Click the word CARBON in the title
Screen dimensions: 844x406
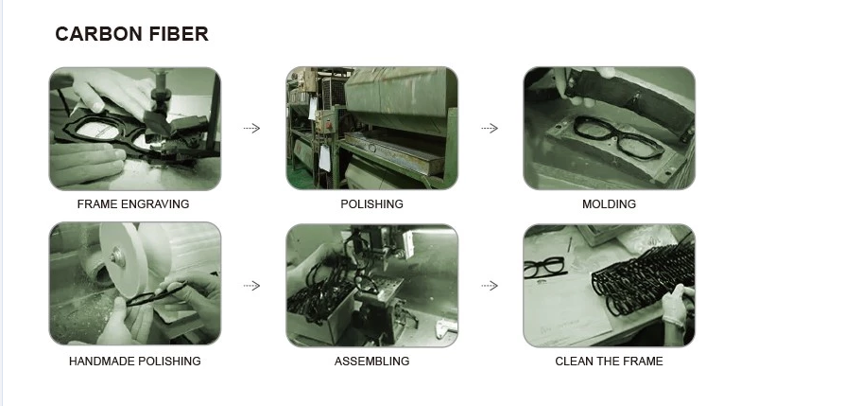coord(98,34)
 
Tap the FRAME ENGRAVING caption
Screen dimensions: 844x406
coord(133,204)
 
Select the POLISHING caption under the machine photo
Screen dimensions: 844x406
coord(372,204)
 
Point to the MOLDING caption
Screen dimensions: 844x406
coord(609,204)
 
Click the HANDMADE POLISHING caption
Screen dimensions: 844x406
coord(134,362)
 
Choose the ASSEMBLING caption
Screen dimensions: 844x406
coord(372,362)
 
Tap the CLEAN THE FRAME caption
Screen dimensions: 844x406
coord(609,362)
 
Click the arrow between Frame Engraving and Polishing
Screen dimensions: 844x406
coord(251,129)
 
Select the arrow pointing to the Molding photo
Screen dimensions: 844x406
coord(490,129)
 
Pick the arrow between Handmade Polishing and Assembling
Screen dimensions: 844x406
coord(251,286)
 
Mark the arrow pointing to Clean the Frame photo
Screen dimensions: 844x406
coord(490,286)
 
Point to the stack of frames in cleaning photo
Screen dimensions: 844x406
coord(641,275)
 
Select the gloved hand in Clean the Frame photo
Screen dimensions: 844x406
coord(677,305)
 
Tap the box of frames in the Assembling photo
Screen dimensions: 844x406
coord(319,315)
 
